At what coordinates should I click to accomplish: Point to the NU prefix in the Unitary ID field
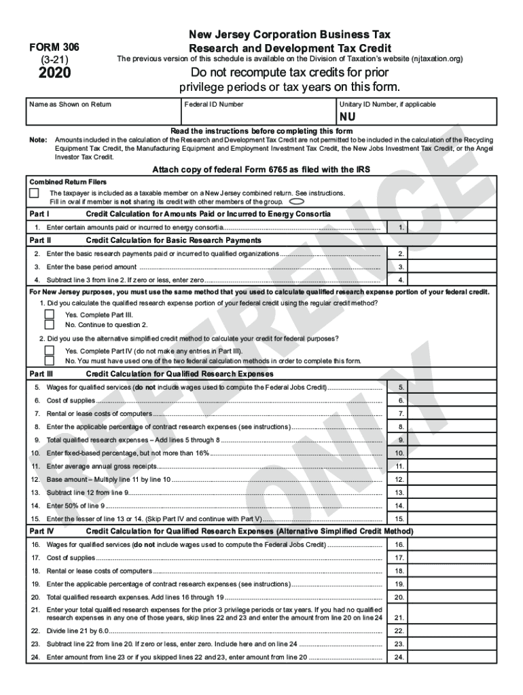[348, 117]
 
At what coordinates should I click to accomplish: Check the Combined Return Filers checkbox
[34, 193]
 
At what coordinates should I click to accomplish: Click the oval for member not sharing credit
[296, 202]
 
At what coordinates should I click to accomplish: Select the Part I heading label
[40, 214]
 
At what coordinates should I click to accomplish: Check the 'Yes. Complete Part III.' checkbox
[50, 315]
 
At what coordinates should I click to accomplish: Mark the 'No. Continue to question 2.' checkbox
[50, 324]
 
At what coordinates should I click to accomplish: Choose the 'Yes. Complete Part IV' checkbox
[50, 351]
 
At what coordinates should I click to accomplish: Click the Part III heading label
[41, 374]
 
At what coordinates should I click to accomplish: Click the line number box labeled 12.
[401, 479]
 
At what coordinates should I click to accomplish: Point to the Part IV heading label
[41, 531]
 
